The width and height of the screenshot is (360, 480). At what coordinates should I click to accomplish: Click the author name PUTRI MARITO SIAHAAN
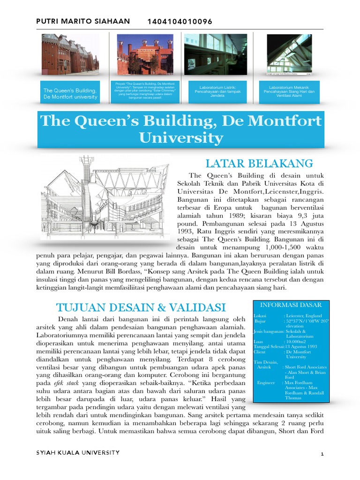coord(82,22)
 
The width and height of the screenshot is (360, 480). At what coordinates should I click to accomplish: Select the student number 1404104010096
coord(180,22)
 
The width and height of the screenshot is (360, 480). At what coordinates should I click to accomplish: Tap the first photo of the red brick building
coord(70,54)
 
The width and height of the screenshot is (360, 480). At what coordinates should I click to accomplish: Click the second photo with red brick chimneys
coord(145,54)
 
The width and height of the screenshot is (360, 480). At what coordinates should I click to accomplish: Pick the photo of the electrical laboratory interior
coord(215,54)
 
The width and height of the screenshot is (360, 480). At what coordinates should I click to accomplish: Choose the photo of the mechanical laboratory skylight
coord(289,54)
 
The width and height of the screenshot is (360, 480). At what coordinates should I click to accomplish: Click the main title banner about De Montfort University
coord(180,129)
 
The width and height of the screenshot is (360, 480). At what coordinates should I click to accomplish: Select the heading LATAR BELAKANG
coord(259,164)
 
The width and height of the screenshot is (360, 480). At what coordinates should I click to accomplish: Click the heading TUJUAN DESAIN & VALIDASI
coord(141,307)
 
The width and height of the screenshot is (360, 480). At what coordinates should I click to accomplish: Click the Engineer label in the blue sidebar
coord(266,382)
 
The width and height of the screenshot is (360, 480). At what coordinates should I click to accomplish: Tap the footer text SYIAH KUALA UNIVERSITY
coord(78,453)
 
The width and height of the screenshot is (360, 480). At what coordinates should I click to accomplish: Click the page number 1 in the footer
coord(322,454)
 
